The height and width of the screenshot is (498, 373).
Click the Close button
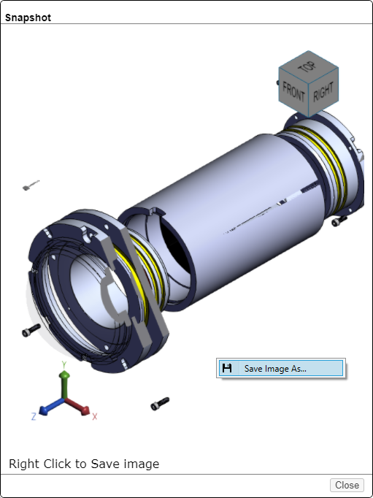347,485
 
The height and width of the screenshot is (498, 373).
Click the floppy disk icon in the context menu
227,368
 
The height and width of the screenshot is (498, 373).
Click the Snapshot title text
28,18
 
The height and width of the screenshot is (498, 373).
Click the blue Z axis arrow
51,407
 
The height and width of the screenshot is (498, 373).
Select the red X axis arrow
77,407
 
